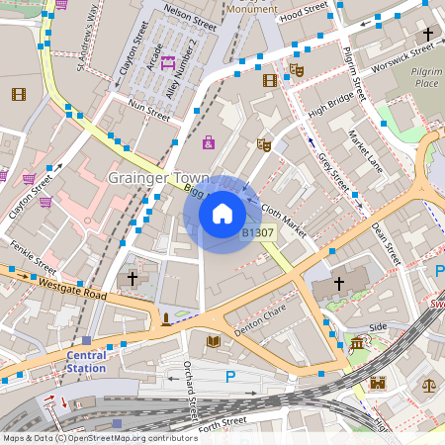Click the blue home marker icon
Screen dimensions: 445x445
(x=222, y=213)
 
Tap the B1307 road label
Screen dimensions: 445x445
(x=258, y=232)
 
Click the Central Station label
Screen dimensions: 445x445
(x=86, y=361)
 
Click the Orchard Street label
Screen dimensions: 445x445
(x=191, y=390)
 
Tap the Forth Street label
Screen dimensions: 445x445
(x=222, y=423)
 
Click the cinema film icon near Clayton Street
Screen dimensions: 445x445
(x=18, y=94)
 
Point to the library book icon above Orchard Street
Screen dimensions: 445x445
(x=213, y=342)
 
